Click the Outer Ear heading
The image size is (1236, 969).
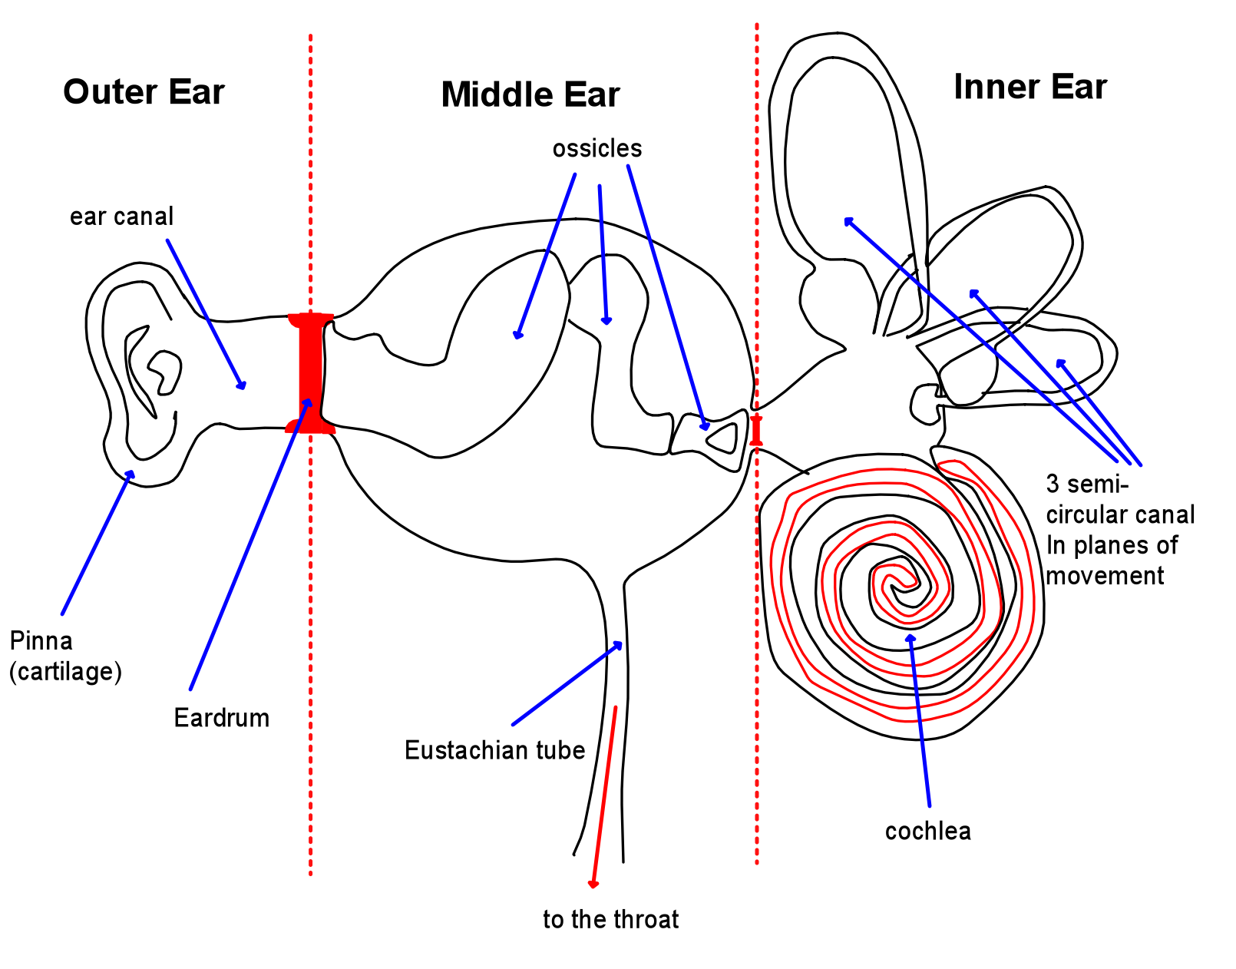pyautogui.click(x=144, y=92)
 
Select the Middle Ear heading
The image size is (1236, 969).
pyautogui.click(x=530, y=95)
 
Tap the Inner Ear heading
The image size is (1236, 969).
pyautogui.click(x=1029, y=88)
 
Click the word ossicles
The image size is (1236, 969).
pyautogui.click(x=597, y=148)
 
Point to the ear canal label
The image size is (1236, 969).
pyautogui.click(x=121, y=217)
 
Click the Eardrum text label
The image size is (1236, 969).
pyautogui.click(x=221, y=718)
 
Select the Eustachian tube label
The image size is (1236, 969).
pyautogui.click(x=494, y=750)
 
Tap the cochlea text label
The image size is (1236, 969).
pyautogui.click(x=927, y=831)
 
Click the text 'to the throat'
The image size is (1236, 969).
pyautogui.click(x=610, y=919)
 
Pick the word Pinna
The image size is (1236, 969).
pyautogui.click(x=41, y=640)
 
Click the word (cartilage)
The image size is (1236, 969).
pyautogui.click(x=65, y=672)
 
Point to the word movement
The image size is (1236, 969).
pyautogui.click(x=1105, y=576)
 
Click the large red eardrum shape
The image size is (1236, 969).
pyautogui.click(x=311, y=373)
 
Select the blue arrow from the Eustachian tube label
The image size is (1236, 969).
pyautogui.click(x=567, y=683)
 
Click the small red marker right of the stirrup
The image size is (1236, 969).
pyautogui.click(x=756, y=430)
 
